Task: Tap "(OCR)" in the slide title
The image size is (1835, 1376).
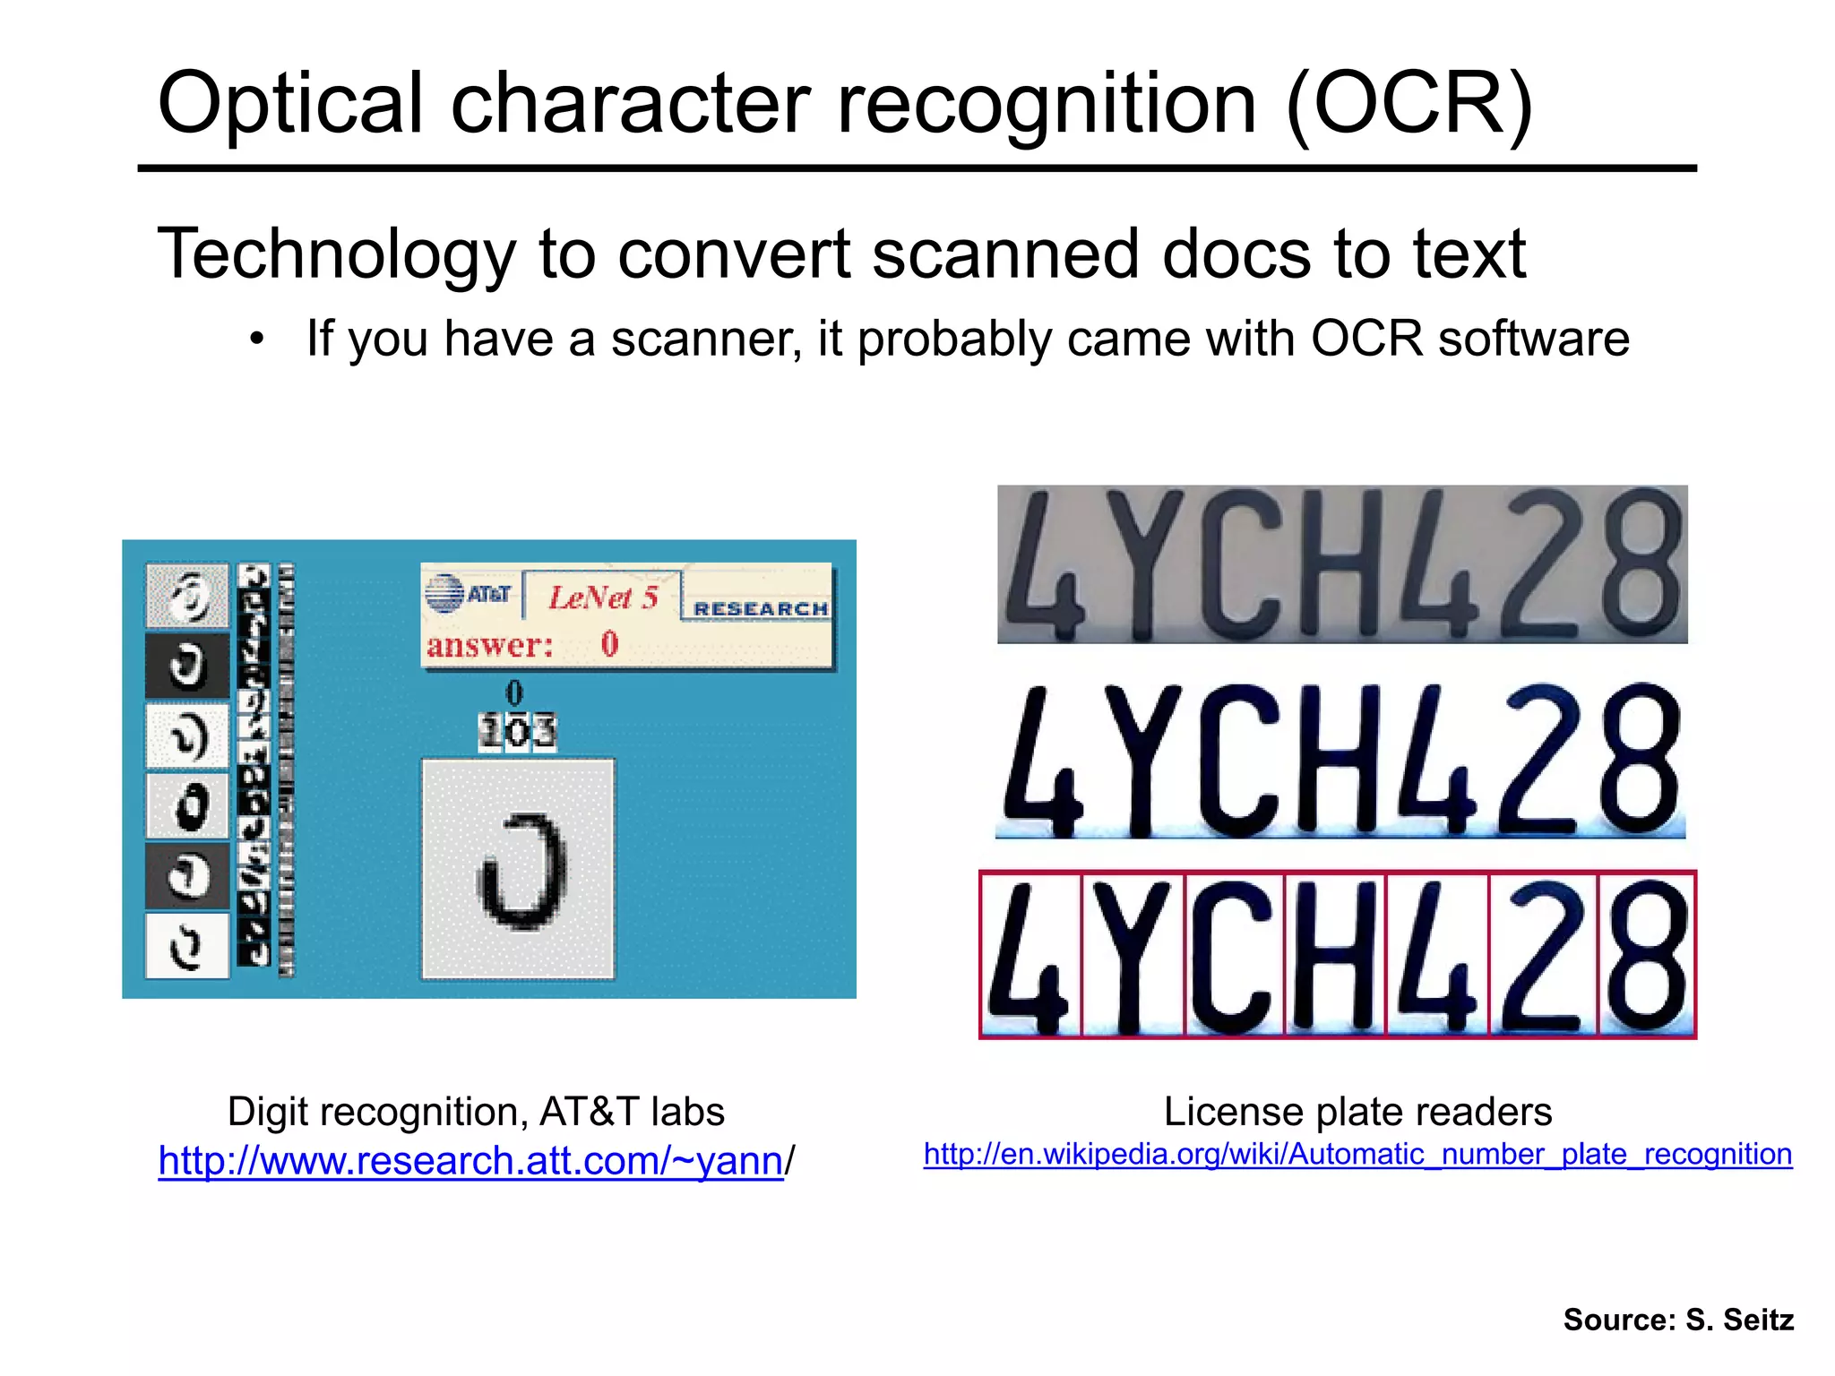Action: (x=1409, y=104)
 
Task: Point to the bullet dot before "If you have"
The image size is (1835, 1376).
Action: (x=257, y=340)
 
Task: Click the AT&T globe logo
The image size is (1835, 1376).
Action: (x=444, y=593)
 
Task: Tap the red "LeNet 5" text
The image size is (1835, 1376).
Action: (x=603, y=597)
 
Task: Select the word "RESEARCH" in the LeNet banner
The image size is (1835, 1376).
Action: (x=760, y=609)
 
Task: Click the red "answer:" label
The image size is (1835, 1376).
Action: (x=489, y=645)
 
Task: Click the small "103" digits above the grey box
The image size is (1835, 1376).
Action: (x=517, y=732)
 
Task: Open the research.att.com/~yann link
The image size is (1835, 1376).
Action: (x=470, y=1161)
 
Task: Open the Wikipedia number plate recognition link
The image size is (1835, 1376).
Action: (x=1357, y=1154)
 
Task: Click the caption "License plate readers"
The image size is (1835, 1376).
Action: (x=1357, y=1112)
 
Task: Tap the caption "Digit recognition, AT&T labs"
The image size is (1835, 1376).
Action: (x=476, y=1112)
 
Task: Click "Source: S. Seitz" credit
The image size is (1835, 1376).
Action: (x=1678, y=1320)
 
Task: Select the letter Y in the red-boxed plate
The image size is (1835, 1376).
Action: (x=1132, y=955)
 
